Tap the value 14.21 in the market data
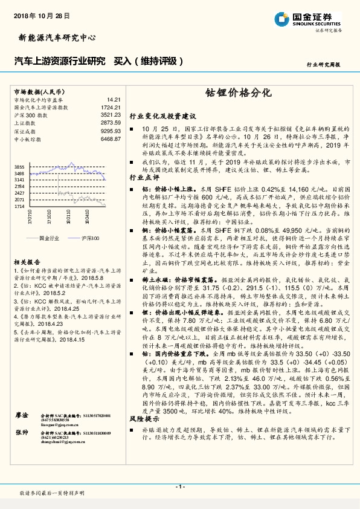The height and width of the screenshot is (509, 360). (114, 99)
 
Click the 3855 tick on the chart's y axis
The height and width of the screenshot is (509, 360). (19, 166)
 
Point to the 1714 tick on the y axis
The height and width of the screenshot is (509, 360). (19, 206)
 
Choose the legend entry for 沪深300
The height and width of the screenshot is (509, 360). (89, 239)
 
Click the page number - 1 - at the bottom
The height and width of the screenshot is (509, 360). (179, 487)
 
